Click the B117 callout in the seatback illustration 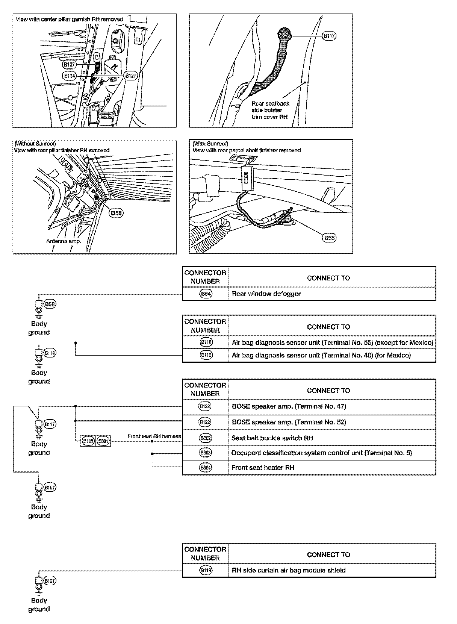click(x=329, y=36)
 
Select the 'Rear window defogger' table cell click(x=266, y=294)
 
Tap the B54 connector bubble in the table click(x=205, y=294)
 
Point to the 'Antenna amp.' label click(x=64, y=241)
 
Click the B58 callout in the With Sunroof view click(x=329, y=238)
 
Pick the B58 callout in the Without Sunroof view click(x=117, y=213)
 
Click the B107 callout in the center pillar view click(x=70, y=65)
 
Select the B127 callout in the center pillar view click(x=131, y=75)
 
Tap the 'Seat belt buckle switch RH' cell click(x=272, y=438)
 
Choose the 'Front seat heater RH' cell click(x=263, y=468)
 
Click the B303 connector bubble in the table click(x=205, y=453)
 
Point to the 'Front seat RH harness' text click(x=154, y=436)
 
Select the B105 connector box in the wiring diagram click(x=88, y=441)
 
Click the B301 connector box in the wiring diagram click(x=103, y=441)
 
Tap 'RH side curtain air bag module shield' click(x=289, y=570)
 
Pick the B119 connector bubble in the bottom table click(x=205, y=570)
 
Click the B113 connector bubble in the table click(x=205, y=355)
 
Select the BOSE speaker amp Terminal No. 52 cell click(x=289, y=422)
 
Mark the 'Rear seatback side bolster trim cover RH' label click(x=270, y=110)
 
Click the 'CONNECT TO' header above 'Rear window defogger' click(x=328, y=278)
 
